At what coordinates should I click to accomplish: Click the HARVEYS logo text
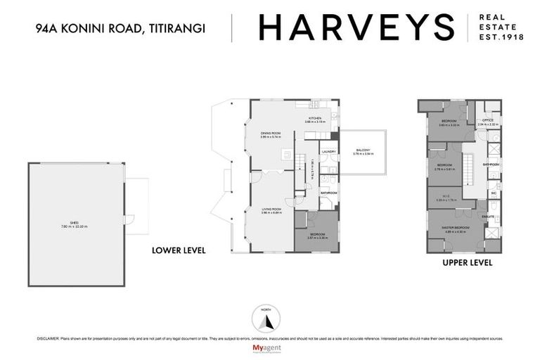357,27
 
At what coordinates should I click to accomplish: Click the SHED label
78,224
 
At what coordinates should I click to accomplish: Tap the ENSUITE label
488,217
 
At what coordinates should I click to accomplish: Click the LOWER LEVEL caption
179,250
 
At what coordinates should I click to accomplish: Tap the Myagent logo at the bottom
270,348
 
